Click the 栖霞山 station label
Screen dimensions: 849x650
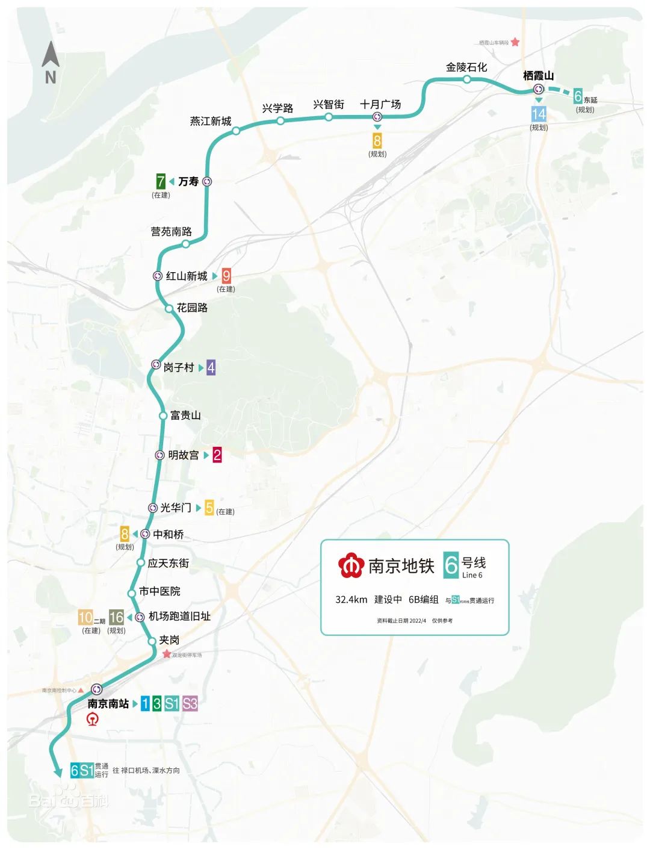click(x=538, y=76)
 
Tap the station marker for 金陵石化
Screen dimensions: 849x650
click(x=467, y=79)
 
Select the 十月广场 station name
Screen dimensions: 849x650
click(x=380, y=104)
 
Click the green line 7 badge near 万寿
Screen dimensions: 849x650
click(x=161, y=181)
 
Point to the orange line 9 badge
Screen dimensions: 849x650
click(x=226, y=276)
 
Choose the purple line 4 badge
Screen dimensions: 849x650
click(x=211, y=367)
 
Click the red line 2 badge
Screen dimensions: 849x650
click(x=217, y=455)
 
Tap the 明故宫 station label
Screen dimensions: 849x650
click(x=184, y=455)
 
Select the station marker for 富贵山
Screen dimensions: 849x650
click(x=163, y=415)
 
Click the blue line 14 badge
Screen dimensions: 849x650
click(x=539, y=114)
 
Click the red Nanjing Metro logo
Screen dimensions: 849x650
click(x=350, y=565)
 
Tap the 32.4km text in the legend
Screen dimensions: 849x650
click(x=351, y=600)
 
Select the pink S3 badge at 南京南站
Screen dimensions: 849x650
click(x=190, y=703)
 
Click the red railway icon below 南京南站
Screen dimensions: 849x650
click(x=93, y=719)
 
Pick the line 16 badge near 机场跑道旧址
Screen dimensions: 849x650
click(x=116, y=617)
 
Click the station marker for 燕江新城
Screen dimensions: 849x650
click(x=236, y=131)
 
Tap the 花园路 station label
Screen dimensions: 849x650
click(x=192, y=308)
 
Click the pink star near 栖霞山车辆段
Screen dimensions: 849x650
click(x=515, y=42)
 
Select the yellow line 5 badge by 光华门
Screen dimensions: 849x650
click(x=209, y=508)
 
